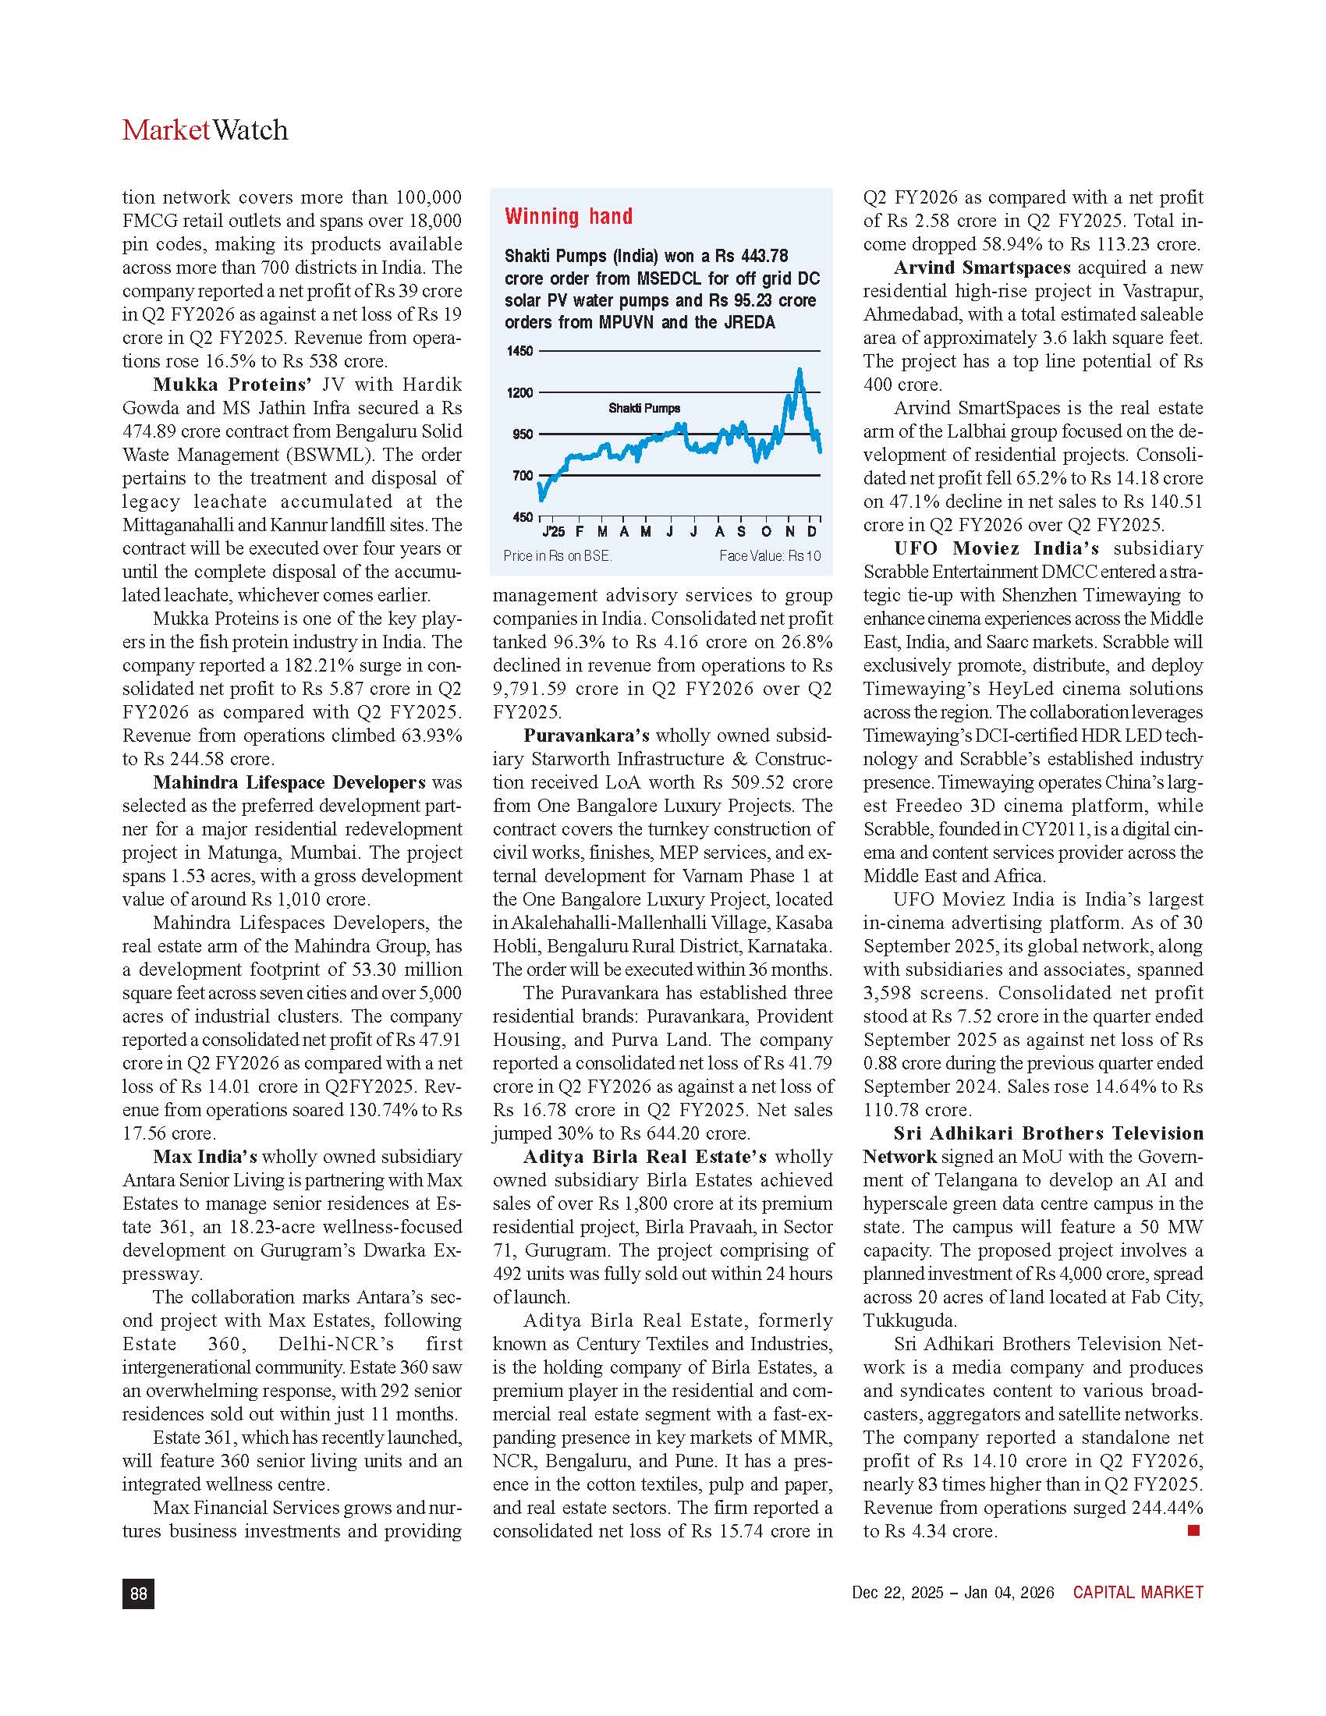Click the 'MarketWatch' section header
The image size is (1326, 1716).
coord(205,130)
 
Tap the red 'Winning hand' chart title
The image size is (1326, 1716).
coord(568,217)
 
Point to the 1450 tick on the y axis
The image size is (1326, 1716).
coord(519,351)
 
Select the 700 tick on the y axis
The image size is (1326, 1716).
coord(523,475)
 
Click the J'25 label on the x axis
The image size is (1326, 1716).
coord(553,532)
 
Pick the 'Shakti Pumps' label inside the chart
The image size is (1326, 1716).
coord(644,409)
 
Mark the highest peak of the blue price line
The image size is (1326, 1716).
coord(799,369)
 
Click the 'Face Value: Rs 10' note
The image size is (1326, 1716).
coord(769,556)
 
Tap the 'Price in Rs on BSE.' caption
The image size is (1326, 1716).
coord(557,556)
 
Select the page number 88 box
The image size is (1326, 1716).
coord(138,1594)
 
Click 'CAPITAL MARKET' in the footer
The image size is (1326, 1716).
coord(1137,1593)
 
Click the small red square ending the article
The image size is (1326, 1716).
coord(1194,1530)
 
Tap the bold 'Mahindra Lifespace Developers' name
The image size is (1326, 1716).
coord(289,782)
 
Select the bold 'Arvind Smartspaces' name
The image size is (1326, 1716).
coord(982,268)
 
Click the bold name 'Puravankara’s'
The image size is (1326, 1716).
coord(586,736)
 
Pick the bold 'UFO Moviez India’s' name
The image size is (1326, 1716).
coord(996,548)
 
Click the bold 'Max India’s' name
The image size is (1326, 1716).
coord(205,1157)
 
